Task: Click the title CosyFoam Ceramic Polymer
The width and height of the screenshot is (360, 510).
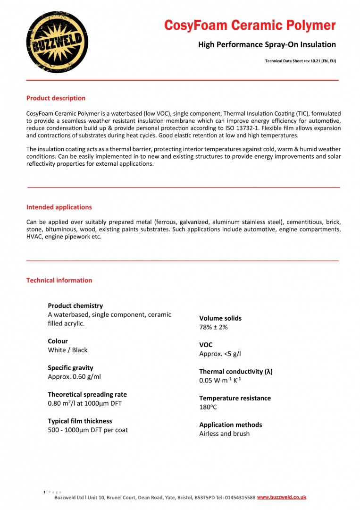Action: coord(250,25)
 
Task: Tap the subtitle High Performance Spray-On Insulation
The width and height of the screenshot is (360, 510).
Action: coord(267,45)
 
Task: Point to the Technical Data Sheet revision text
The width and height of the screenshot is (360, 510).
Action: coord(301,61)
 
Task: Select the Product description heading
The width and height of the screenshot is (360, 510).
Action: coord(56,98)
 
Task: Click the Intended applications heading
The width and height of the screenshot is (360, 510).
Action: coord(59,207)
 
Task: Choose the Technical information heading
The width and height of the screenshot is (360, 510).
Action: coord(59,280)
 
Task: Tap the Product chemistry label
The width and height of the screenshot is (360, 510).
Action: coord(75,306)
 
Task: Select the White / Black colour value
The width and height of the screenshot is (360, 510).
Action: coord(67,350)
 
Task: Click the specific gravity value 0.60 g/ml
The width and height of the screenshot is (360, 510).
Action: coord(74,377)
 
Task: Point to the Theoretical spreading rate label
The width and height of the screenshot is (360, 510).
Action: coord(87,394)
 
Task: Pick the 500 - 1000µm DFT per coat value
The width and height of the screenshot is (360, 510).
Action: coord(88,430)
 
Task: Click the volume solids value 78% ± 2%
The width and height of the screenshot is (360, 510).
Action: coord(213,327)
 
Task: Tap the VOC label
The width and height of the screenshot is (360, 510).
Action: coord(206,345)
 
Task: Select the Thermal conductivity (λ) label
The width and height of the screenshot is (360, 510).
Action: coord(235,372)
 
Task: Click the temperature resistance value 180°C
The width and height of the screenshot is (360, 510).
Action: coord(208,407)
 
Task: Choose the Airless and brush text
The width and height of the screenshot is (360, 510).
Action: coord(224,433)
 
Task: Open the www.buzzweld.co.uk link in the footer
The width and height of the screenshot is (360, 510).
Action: coord(282,497)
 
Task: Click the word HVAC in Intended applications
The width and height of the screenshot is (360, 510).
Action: coord(34,237)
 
